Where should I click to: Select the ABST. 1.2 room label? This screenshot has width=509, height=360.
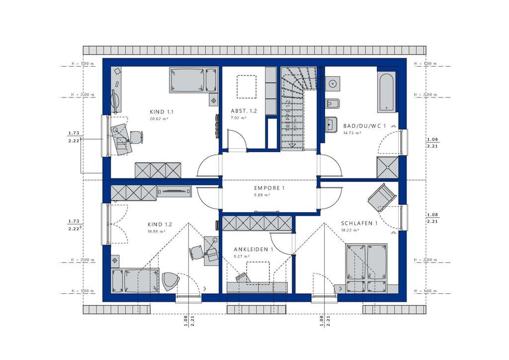[244, 111]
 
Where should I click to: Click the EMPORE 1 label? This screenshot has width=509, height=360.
[269, 188]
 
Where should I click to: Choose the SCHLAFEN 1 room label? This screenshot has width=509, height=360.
[359, 223]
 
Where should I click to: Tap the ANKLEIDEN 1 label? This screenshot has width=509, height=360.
[254, 249]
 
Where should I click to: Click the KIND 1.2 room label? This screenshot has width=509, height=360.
[160, 224]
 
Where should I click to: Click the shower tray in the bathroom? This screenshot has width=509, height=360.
[387, 168]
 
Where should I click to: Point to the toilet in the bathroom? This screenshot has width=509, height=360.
[332, 104]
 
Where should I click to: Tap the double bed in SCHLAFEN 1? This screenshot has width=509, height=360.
[366, 268]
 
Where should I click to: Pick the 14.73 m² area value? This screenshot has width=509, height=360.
[352, 133]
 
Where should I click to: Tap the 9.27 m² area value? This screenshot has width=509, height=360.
[242, 256]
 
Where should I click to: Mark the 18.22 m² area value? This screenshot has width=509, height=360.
[349, 231]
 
